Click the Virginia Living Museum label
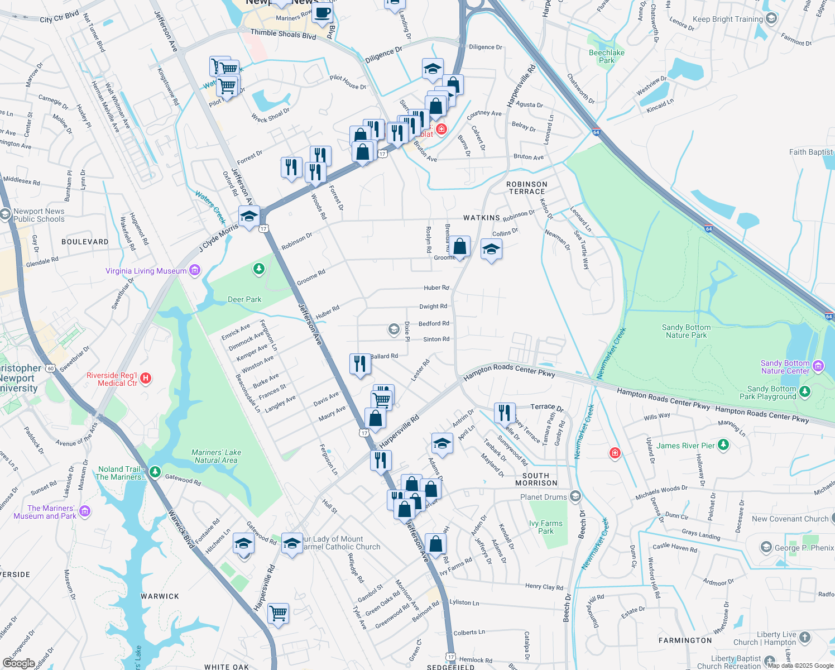(x=146, y=271)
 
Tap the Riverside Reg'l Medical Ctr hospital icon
(x=145, y=379)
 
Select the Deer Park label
(x=244, y=300)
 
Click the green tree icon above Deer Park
(x=258, y=270)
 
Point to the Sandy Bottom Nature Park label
(x=686, y=332)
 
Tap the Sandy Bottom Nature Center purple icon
(x=818, y=366)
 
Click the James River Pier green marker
(x=723, y=445)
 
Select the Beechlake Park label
(x=607, y=56)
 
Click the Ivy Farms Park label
(x=546, y=527)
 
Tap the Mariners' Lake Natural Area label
(x=216, y=456)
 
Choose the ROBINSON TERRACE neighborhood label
(x=527, y=188)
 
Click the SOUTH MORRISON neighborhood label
(x=536, y=479)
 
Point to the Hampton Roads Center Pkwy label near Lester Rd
(x=509, y=370)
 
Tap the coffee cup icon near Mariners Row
(x=322, y=12)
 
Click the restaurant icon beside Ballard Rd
(x=360, y=364)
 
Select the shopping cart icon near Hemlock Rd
(x=278, y=613)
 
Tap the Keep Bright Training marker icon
(x=771, y=18)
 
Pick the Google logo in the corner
(x=18, y=663)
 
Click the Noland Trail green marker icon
(x=155, y=473)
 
